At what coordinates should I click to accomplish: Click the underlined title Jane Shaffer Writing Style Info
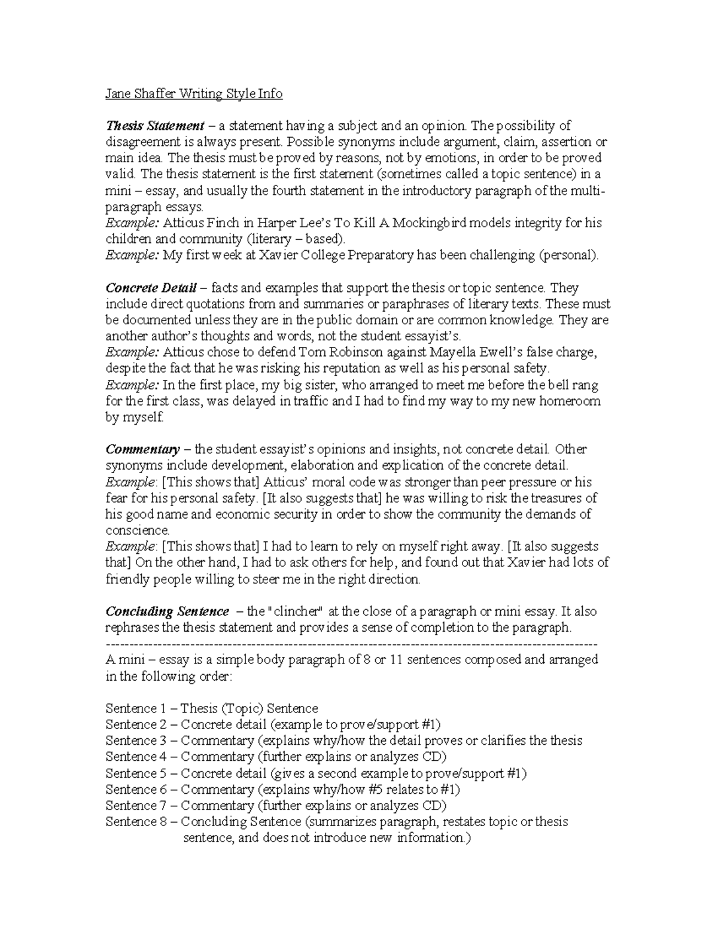coord(193,94)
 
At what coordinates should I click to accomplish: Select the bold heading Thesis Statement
coord(155,126)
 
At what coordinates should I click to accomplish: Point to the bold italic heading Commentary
coord(142,449)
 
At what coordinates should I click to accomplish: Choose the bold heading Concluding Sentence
coord(167,611)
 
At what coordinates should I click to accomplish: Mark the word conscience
coord(138,531)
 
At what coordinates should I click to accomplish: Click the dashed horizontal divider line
coord(351,644)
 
